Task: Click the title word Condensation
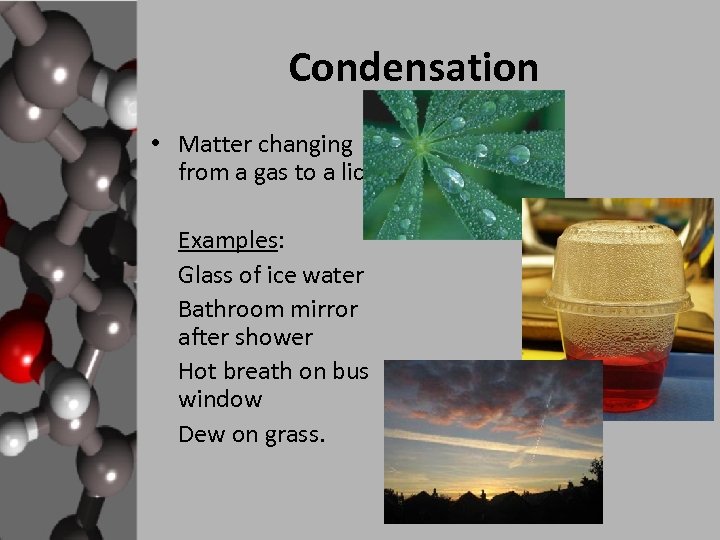pos(413,68)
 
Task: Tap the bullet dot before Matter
pos(156,142)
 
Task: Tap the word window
pos(220,400)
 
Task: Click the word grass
pos(291,436)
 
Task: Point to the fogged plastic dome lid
pos(616,265)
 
